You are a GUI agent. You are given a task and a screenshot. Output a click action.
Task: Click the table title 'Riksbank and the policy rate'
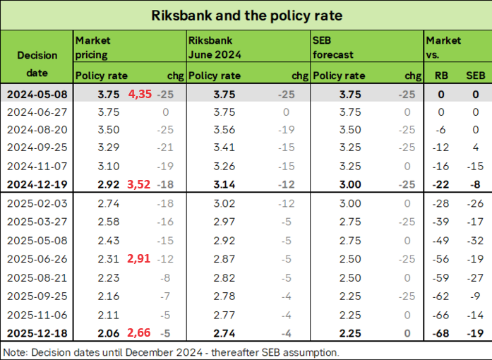click(246, 14)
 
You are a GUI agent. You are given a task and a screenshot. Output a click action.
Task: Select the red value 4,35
click(142, 94)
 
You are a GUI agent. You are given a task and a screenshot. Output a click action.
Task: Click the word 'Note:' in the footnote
click(14, 352)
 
